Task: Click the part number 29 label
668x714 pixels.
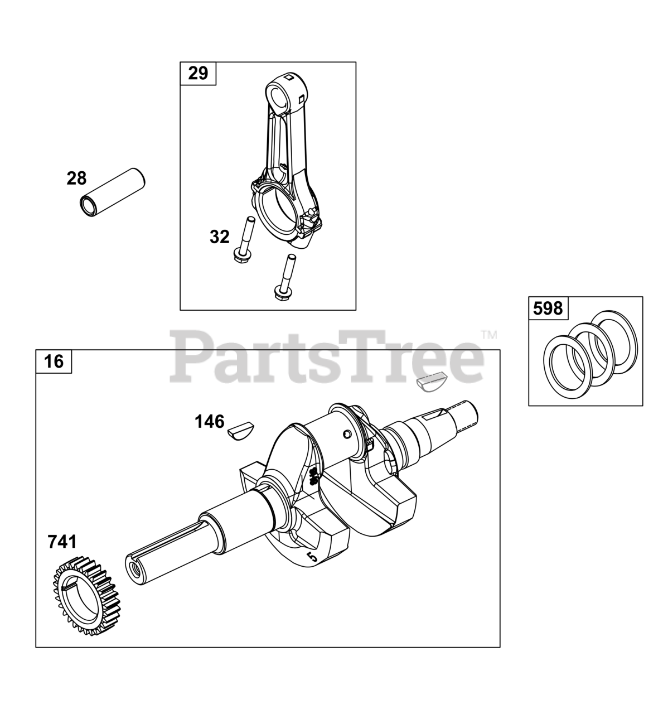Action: click(197, 73)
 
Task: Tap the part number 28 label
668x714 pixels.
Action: click(76, 178)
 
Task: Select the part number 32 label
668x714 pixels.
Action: click(219, 237)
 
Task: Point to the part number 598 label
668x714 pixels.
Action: click(548, 308)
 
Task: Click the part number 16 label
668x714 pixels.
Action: click(54, 361)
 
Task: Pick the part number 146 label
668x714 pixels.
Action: click(209, 421)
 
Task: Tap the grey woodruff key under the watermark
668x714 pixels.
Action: click(430, 383)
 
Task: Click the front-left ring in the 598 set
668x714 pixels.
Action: click(565, 369)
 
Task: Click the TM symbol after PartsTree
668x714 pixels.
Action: click(488, 335)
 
